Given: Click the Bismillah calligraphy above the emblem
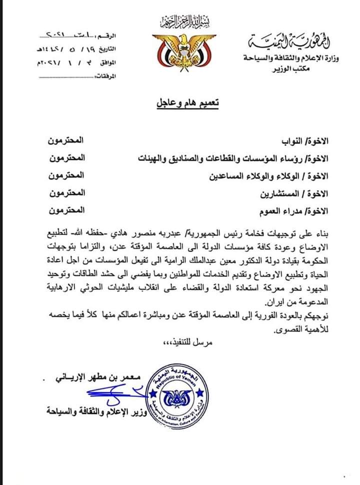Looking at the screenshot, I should [x=178, y=22].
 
